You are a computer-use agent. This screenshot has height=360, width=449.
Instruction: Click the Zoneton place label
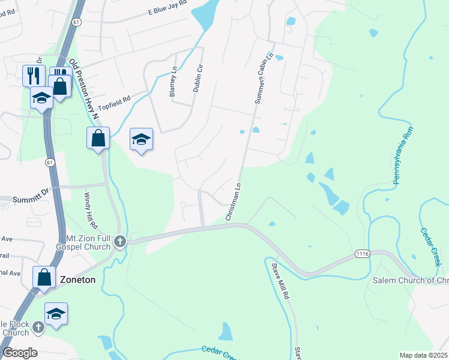[78, 279]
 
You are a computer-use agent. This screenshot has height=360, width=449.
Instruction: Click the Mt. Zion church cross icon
[120, 241]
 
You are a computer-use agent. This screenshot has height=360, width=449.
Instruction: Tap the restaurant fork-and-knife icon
[33, 75]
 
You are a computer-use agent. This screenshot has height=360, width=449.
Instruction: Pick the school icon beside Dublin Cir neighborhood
[142, 139]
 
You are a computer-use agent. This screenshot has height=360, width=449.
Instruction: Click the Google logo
[19, 353]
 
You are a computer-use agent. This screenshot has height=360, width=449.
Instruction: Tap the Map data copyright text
[423, 355]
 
